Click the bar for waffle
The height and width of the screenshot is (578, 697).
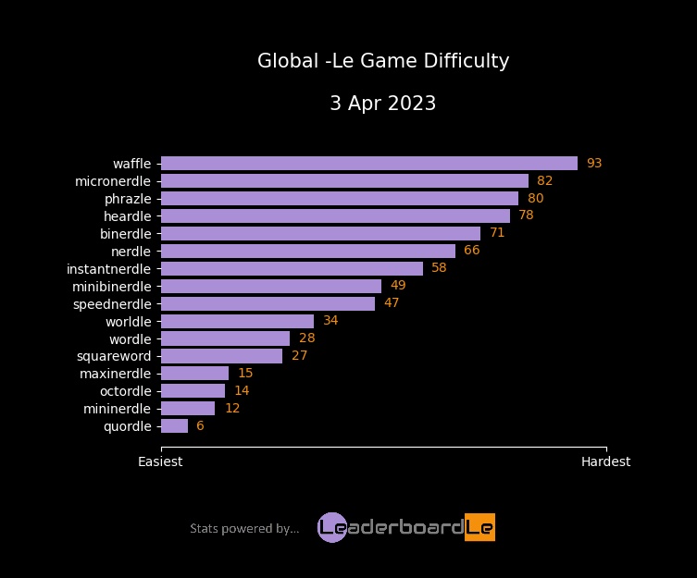coord(368,164)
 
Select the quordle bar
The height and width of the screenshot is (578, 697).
coord(174,426)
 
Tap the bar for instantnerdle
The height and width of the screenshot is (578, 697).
coord(292,268)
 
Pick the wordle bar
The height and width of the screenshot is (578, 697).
coord(225,338)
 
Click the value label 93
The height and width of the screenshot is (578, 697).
coord(594,164)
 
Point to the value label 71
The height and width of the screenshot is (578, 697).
coord(497,233)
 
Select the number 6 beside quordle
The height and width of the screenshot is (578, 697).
coord(200,426)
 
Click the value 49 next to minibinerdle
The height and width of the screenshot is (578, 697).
coord(398,286)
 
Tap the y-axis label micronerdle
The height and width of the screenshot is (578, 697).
coord(113,181)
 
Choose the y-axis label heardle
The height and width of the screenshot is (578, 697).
coord(127,216)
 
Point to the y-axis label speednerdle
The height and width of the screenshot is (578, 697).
coord(112,303)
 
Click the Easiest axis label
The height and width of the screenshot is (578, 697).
coord(160,461)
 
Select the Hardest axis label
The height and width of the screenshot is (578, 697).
coord(605,461)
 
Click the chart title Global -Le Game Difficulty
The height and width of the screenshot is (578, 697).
coord(383,62)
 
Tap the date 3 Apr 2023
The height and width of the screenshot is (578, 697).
coord(383,104)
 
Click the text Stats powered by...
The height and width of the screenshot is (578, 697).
coord(244,529)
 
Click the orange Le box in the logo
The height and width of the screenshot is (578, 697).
coord(479,527)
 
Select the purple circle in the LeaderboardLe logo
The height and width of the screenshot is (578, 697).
coord(331,527)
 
